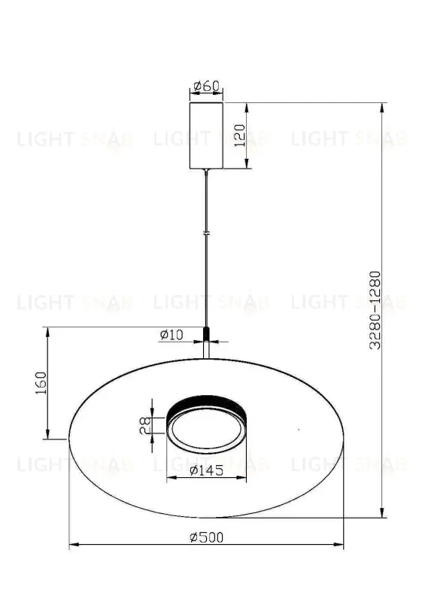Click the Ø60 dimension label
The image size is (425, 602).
(x=206, y=86)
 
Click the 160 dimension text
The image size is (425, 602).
(x=41, y=384)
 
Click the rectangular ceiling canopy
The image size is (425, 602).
(x=206, y=136)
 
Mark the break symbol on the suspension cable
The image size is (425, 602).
(x=206, y=235)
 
